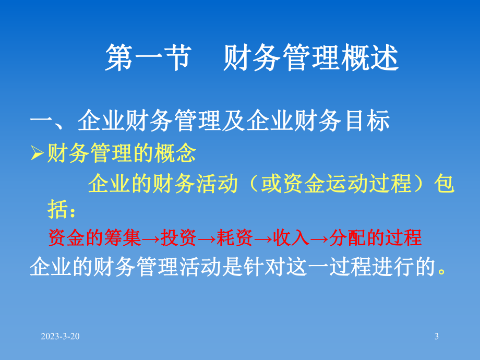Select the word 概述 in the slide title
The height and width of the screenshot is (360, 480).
(x=376, y=58)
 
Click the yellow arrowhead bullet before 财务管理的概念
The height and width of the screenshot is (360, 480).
(x=37, y=154)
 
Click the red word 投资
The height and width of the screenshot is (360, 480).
(x=178, y=238)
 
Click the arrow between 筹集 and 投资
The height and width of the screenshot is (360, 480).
(x=150, y=238)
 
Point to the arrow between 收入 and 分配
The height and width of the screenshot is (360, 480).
(x=319, y=238)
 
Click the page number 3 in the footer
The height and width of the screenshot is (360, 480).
(x=437, y=337)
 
